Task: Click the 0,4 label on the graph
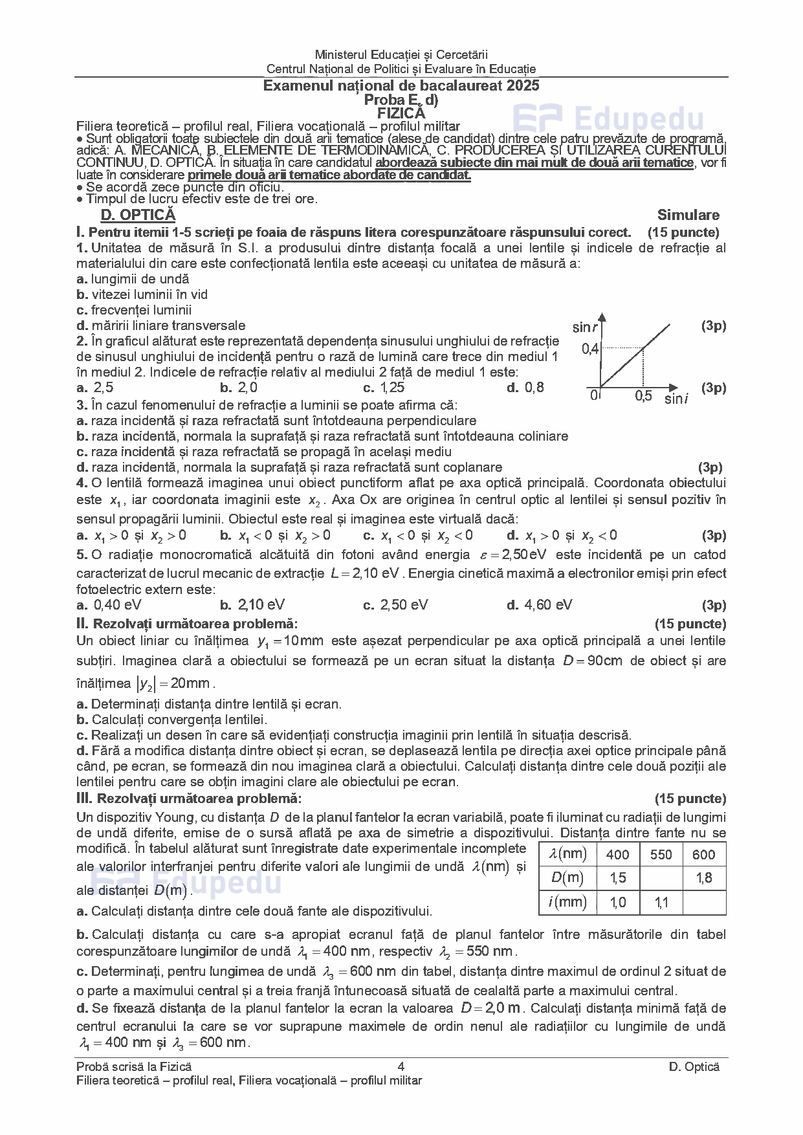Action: (590, 349)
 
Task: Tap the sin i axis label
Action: (676, 399)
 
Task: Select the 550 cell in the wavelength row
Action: (661, 855)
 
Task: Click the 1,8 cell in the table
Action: (704, 878)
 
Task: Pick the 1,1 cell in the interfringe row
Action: (661, 902)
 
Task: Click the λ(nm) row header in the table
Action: (567, 854)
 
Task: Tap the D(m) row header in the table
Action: (567, 878)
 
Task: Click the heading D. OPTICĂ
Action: (138, 215)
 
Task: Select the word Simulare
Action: (688, 215)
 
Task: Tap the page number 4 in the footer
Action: (401, 1067)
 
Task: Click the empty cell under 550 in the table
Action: (661, 878)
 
